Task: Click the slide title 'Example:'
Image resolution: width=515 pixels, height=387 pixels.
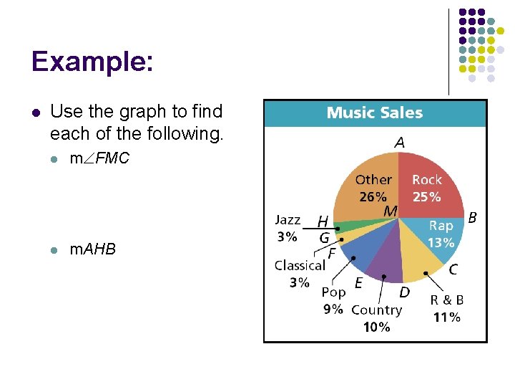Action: pyautogui.click(x=92, y=62)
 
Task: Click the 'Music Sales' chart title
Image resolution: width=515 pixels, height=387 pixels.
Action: pyautogui.click(x=375, y=113)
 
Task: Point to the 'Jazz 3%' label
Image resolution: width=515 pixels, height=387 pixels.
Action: pyautogui.click(x=288, y=226)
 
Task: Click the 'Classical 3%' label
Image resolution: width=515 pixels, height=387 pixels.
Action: pyautogui.click(x=300, y=273)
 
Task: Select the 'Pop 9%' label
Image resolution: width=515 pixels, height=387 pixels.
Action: pyautogui.click(x=333, y=300)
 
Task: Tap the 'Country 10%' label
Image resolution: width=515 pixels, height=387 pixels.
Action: pyautogui.click(x=376, y=318)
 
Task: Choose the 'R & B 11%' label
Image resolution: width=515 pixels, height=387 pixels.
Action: pyautogui.click(x=447, y=308)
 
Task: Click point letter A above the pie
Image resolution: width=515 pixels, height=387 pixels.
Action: pyautogui.click(x=399, y=143)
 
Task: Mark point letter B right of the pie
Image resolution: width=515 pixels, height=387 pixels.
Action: pyautogui.click(x=473, y=216)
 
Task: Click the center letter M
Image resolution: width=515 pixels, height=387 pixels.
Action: pyautogui.click(x=390, y=211)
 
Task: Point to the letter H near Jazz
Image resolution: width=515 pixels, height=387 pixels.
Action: pyautogui.click(x=323, y=221)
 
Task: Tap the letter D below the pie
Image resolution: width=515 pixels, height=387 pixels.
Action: pyautogui.click(x=404, y=292)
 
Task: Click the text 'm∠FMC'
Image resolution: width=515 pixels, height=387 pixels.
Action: pyautogui.click(x=99, y=159)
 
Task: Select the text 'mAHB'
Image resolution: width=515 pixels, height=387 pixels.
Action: pyautogui.click(x=92, y=249)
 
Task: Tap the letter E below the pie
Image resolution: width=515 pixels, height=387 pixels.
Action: pyautogui.click(x=358, y=283)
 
